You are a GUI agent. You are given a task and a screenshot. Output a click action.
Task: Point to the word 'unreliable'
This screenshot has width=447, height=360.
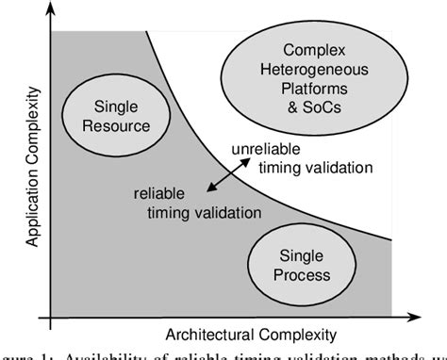pos(266,149)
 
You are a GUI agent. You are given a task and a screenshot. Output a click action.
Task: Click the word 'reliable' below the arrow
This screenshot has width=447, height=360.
pos(160,196)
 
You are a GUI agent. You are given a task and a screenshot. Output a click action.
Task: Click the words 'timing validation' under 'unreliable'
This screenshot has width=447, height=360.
pos(313,167)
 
